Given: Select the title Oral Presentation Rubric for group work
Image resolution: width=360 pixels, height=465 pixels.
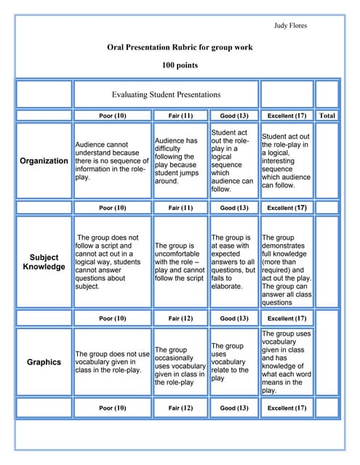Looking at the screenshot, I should click(x=180, y=47).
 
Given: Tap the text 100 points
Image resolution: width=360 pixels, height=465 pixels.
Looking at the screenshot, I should click(x=180, y=65).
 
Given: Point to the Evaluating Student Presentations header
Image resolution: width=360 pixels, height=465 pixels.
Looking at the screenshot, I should click(x=166, y=94).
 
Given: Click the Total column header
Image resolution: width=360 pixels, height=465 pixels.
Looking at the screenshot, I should click(x=327, y=116).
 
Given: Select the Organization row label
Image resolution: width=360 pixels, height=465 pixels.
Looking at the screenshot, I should click(x=44, y=161).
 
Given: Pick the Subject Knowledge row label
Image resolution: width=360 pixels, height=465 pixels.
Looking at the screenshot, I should click(x=44, y=262).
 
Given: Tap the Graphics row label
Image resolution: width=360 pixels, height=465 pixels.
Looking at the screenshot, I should click(x=44, y=362).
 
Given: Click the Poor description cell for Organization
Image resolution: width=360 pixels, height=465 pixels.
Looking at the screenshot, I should click(x=112, y=161).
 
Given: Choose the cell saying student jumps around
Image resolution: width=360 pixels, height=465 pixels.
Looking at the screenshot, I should click(x=180, y=161).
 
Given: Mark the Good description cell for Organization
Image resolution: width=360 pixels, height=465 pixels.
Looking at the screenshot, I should click(x=233, y=161).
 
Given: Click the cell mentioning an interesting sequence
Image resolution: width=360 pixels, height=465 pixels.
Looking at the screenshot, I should click(x=287, y=161).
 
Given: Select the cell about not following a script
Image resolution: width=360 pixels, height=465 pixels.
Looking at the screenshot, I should click(x=112, y=262).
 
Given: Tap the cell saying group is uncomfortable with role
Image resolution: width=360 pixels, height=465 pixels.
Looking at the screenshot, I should click(x=180, y=262).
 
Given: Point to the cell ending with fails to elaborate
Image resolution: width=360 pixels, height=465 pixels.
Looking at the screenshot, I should click(x=233, y=262).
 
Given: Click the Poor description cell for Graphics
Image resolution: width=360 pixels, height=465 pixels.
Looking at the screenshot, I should click(x=112, y=362).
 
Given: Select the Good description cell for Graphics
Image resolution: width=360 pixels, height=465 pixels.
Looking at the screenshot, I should click(x=233, y=362).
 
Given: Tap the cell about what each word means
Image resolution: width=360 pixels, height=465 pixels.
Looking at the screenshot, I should click(x=287, y=362).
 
